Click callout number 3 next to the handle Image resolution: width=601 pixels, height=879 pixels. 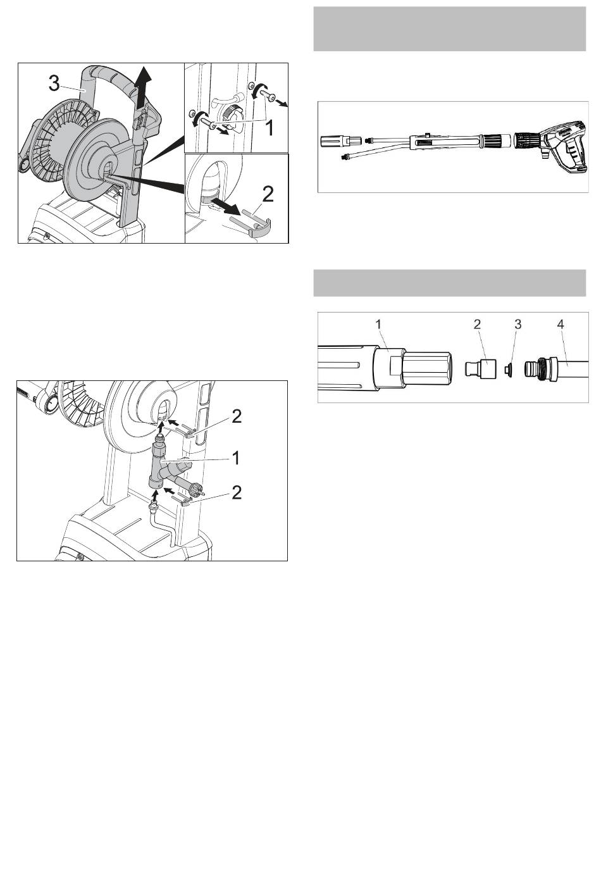tap(54, 83)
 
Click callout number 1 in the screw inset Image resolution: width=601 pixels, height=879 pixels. tap(270, 128)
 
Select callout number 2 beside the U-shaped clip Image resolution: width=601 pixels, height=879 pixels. tap(268, 194)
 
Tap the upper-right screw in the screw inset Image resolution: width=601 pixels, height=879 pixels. tap(268, 95)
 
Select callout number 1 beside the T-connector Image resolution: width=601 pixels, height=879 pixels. tap(236, 458)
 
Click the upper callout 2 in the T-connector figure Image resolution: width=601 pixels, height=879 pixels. tap(237, 417)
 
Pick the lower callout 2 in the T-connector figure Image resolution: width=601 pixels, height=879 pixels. tap(237, 493)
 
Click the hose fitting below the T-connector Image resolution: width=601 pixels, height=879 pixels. tap(154, 509)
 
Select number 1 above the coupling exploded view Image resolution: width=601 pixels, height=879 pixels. tap(378, 324)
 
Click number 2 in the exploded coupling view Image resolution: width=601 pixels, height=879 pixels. tap(477, 324)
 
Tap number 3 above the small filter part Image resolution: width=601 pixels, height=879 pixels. tap(518, 324)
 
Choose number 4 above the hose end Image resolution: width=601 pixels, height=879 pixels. tap(561, 324)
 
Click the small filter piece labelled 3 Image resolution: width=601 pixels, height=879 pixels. tap(509, 369)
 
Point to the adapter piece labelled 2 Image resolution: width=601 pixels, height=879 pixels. tap(480, 368)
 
